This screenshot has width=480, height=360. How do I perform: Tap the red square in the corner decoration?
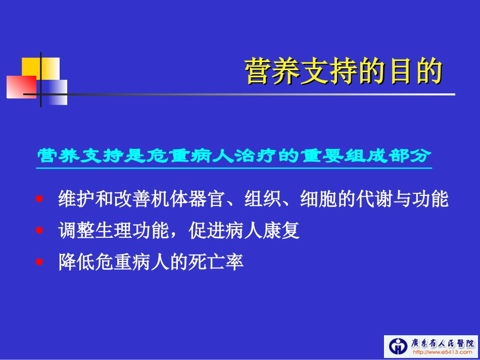tap(21, 86)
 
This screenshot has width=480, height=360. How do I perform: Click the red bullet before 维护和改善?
tap(41, 199)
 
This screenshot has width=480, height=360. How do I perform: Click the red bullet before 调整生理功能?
tap(41, 231)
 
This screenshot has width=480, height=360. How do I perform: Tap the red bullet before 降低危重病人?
tap(41, 263)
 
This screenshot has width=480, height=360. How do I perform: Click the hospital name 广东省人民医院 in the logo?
tap(442, 343)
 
